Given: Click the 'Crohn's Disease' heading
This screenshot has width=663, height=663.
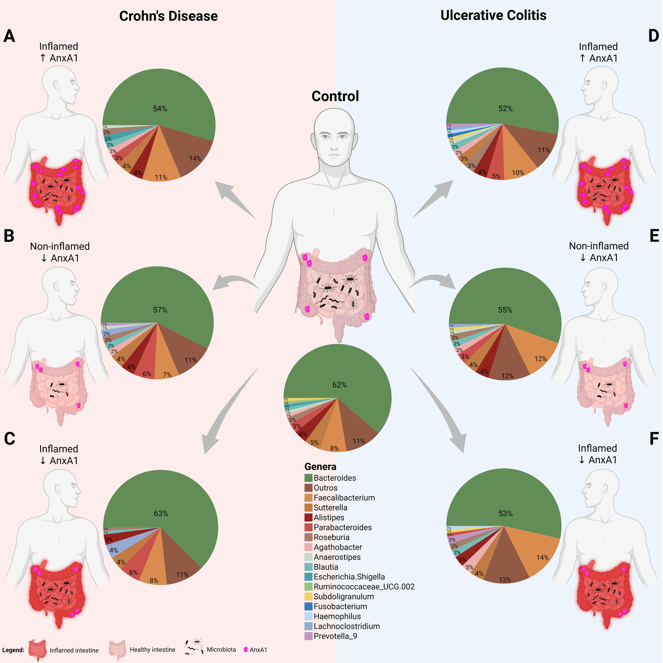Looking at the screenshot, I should [168, 16].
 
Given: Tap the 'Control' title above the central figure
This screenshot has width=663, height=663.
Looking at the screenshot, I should [335, 96].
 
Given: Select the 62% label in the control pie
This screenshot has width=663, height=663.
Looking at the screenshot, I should [339, 385].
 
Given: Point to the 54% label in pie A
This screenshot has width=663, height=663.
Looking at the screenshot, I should [160, 109].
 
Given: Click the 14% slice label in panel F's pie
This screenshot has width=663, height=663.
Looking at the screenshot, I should [542, 558].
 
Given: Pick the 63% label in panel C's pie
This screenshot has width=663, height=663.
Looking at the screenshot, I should [161, 513].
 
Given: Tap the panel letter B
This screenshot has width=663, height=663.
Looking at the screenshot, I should [9, 236].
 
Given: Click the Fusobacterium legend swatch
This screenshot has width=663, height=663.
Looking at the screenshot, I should [308, 606].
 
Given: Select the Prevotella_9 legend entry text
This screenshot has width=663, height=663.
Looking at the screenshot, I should [335, 636].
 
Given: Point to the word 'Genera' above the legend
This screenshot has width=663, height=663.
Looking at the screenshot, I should [320, 467].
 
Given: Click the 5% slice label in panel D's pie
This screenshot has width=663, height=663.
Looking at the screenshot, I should [496, 176].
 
